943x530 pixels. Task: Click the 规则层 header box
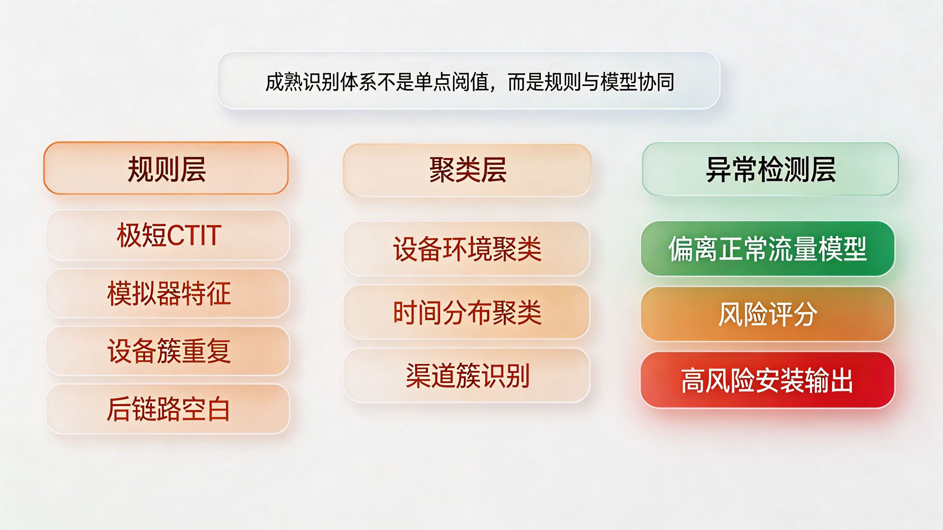[166, 168]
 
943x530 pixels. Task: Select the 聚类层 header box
[467, 170]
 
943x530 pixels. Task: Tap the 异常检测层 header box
[770, 169]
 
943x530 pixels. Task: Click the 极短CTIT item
[168, 235]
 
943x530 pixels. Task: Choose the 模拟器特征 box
[168, 293]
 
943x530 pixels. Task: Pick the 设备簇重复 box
[168, 351]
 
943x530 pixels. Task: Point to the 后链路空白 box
[168, 409]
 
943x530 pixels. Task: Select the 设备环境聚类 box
[467, 249]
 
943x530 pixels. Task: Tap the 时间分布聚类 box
[467, 312]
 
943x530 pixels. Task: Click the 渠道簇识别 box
[467, 375]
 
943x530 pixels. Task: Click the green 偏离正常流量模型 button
[768, 249]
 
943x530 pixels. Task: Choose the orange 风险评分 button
[768, 314]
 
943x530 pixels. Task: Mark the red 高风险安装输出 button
[768, 380]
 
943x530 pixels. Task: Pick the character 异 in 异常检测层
[718, 169]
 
